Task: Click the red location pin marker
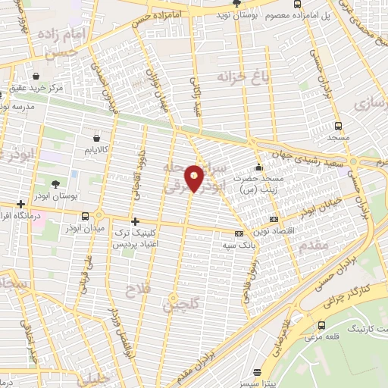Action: pyautogui.click(x=196, y=179)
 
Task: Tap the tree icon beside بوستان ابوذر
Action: pyautogui.click(x=55, y=184)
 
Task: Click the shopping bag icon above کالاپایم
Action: pyautogui.click(x=96, y=138)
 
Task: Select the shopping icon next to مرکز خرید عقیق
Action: pyautogui.click(x=37, y=75)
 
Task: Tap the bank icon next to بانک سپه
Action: pyautogui.click(x=240, y=234)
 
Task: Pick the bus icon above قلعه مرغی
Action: pyautogui.click(x=324, y=325)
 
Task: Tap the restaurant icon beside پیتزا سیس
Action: pyautogui.click(x=259, y=372)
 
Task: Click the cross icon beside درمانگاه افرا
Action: pyautogui.click(x=21, y=204)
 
